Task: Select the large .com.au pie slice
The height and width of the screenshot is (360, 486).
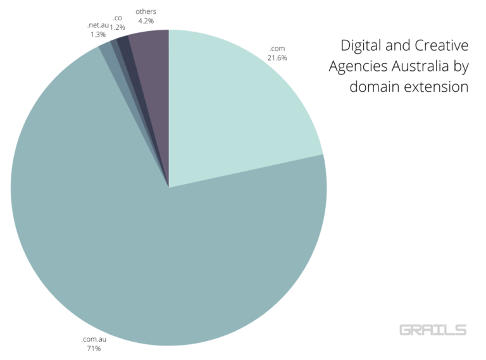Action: [158, 253]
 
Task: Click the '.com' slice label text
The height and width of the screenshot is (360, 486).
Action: [277, 49]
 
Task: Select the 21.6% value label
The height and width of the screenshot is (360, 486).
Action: [278, 58]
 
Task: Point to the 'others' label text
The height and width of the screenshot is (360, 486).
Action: [146, 11]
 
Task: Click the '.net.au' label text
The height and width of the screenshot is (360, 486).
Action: [98, 25]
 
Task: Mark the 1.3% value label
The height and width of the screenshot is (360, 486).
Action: [98, 34]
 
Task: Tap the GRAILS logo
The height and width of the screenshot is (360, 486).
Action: [433, 330]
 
